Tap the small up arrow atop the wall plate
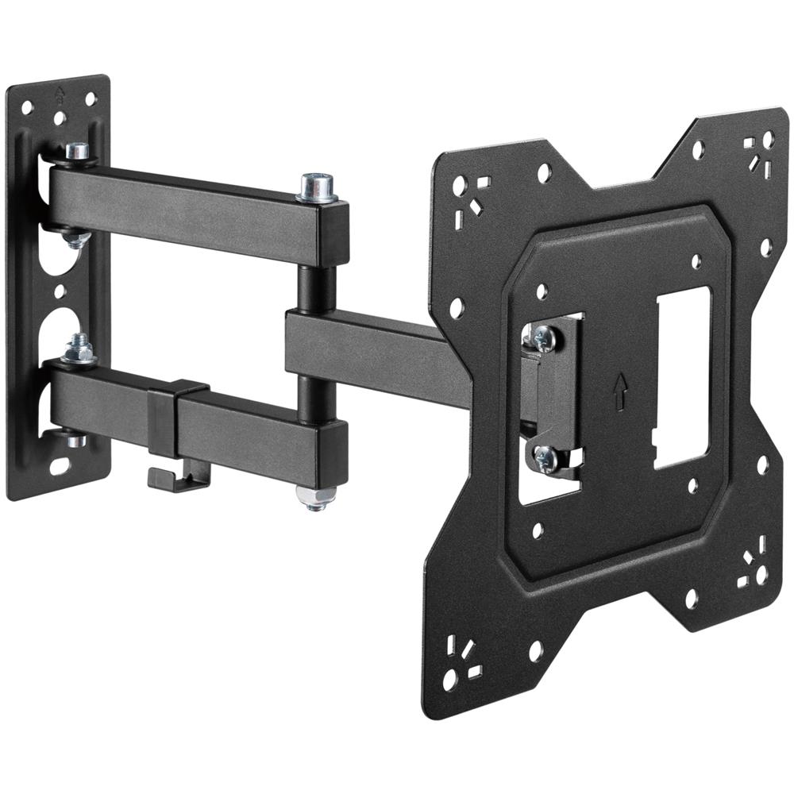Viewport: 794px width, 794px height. pos(58,91)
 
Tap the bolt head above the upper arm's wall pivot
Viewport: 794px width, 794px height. pos(77,150)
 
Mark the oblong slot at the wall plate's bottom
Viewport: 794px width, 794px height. pos(61,466)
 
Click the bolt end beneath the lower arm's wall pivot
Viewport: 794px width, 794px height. pos(76,438)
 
